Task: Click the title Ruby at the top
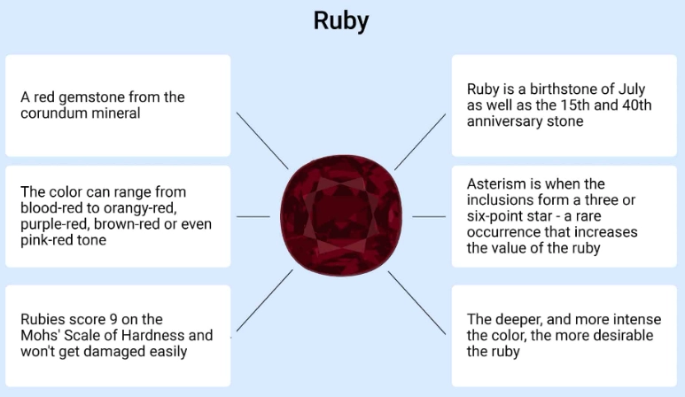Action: [341, 21]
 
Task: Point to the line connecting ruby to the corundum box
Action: [262, 141]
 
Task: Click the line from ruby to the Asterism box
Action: [429, 216]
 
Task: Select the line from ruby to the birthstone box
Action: [420, 141]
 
